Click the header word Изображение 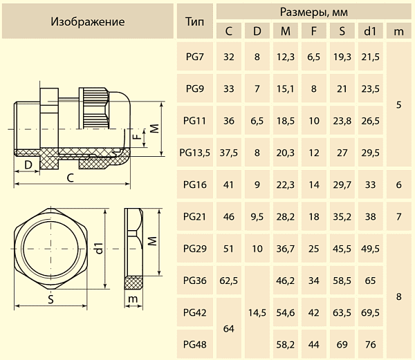click(x=88, y=21)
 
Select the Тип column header click(x=195, y=21)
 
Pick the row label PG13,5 click(x=195, y=153)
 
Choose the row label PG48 click(x=195, y=343)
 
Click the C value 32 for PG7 click(x=229, y=57)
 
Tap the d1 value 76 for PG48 click(x=370, y=343)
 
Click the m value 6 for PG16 click(x=398, y=184)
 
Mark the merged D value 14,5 click(x=257, y=312)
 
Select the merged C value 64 click(x=229, y=328)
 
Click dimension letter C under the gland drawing click(x=71, y=178)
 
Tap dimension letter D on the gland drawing click(x=28, y=164)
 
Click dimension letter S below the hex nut click(x=51, y=299)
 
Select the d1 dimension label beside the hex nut click(x=100, y=248)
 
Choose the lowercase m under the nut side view click(x=132, y=299)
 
